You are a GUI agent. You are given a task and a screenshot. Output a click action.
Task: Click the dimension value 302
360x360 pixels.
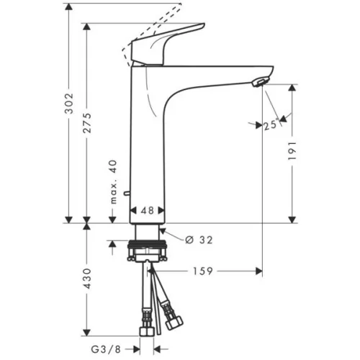(69, 104)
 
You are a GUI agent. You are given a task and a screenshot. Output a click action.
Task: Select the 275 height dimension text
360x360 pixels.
(87, 123)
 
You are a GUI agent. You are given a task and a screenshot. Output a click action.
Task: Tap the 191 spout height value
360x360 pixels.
(292, 151)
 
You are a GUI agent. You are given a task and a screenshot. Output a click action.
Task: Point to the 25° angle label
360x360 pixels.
(271, 125)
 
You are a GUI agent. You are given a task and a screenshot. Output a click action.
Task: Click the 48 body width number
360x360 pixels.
(148, 210)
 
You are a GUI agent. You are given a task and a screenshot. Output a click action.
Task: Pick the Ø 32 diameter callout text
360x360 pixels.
(199, 240)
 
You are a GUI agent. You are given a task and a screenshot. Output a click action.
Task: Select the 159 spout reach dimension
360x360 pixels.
(203, 271)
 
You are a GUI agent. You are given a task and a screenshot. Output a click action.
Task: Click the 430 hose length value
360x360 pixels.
(87, 279)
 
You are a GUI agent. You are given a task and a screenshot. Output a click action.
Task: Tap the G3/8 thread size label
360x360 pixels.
(106, 349)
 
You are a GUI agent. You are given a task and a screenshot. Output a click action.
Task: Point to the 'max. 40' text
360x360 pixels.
(113, 182)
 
